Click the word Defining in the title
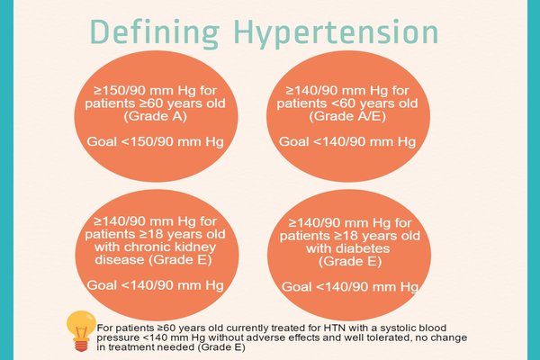[x=155, y=31]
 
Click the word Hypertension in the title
[x=336, y=31]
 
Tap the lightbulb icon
[x=81, y=330]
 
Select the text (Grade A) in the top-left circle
[x=155, y=116]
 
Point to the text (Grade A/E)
[x=347, y=116]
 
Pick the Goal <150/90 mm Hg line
[x=155, y=141]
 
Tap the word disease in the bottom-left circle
[x=120, y=259]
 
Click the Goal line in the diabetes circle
[x=350, y=286]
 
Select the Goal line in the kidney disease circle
[x=155, y=285]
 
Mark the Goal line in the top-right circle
[x=347, y=141]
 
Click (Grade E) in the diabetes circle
[x=350, y=262]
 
